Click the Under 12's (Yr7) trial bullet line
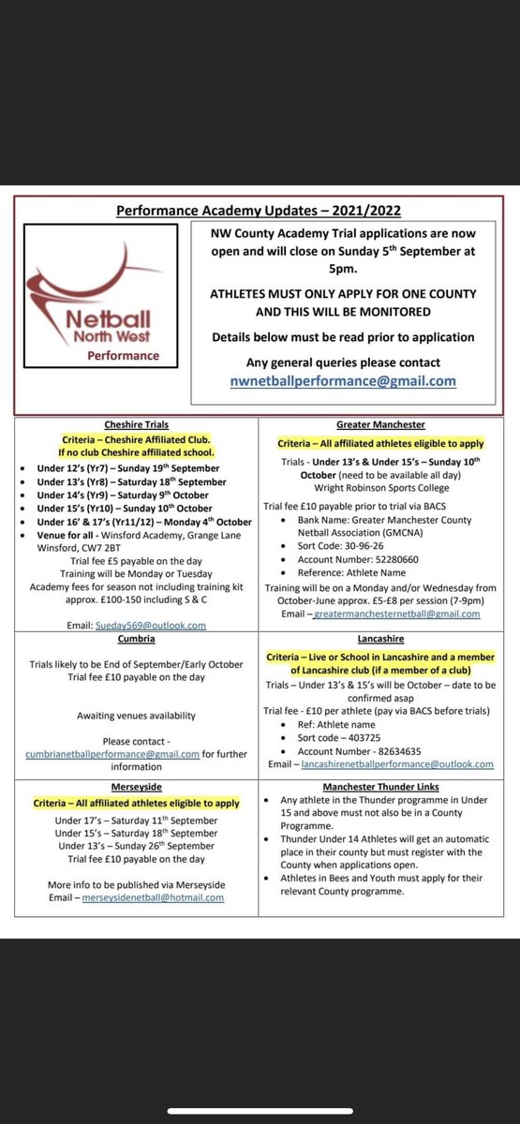(x=129, y=468)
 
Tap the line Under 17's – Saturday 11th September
(x=136, y=821)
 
